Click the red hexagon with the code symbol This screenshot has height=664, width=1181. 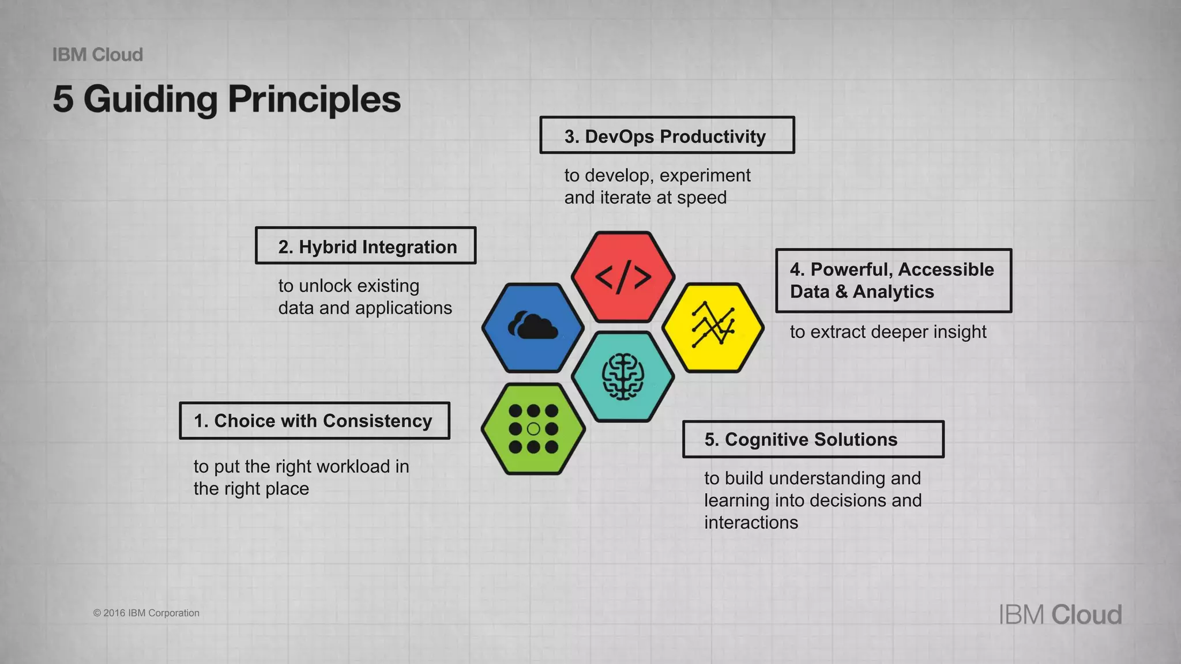[x=623, y=277]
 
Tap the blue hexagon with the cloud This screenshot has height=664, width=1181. [x=533, y=327]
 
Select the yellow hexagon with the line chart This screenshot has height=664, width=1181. [x=713, y=327]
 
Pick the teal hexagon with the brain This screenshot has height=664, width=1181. [x=623, y=377]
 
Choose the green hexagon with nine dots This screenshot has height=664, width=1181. [x=533, y=429]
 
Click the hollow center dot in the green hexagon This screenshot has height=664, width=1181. [x=533, y=429]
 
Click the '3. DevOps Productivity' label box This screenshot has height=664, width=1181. [x=667, y=135]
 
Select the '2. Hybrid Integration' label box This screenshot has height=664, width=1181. [x=366, y=246]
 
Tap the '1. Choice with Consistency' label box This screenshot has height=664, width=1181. [x=314, y=421]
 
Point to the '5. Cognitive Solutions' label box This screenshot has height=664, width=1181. [x=813, y=439]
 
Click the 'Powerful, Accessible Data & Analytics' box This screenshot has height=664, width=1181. [x=893, y=281]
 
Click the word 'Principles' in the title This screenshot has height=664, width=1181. [x=314, y=99]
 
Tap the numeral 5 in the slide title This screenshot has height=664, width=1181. [x=63, y=99]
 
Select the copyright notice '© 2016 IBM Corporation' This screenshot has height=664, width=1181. [x=146, y=613]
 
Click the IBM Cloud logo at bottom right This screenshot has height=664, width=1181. [x=1060, y=614]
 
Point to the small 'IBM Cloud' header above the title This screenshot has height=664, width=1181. [x=97, y=55]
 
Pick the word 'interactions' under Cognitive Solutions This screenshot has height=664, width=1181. [x=751, y=523]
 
